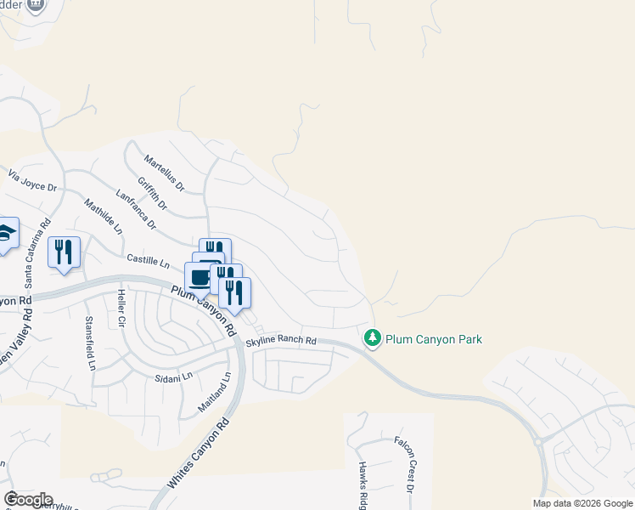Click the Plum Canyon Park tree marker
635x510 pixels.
point(372,338)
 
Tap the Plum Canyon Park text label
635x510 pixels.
point(434,339)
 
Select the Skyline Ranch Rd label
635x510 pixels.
point(281,342)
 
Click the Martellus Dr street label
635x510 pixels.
point(164,170)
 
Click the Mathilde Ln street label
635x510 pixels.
point(104,217)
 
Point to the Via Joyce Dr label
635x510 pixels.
point(32,180)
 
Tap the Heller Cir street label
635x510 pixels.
point(121,308)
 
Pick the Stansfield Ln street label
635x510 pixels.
point(90,343)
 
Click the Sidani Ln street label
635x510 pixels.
point(174,376)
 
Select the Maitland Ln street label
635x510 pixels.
point(215,392)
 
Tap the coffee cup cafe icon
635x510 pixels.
point(200,276)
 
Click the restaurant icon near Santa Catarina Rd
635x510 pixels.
point(64,252)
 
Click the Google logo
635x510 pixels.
point(28,499)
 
